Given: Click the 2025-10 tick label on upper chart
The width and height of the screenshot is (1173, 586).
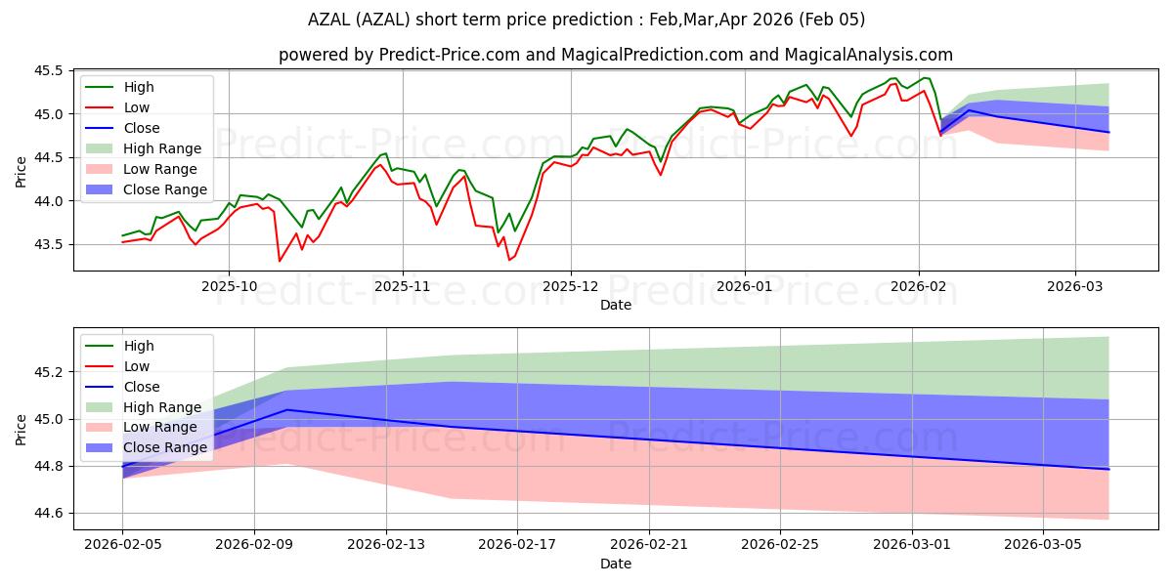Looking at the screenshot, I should pos(229,288).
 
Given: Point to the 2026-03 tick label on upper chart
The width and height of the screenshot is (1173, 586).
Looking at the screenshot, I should pos(1075,288).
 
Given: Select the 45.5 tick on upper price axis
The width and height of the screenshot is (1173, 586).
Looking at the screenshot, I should pos(49,71).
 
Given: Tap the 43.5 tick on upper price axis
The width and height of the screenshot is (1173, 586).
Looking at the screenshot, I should pos(49,244).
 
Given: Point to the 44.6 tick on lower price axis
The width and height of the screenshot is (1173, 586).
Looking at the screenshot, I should pos(49,513).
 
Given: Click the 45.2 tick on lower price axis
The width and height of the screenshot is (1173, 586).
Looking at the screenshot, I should pos(49,372).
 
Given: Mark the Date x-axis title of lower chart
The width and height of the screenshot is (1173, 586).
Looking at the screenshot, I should pos(616,564).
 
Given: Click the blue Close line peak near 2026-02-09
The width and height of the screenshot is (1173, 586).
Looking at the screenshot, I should pos(287,409).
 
